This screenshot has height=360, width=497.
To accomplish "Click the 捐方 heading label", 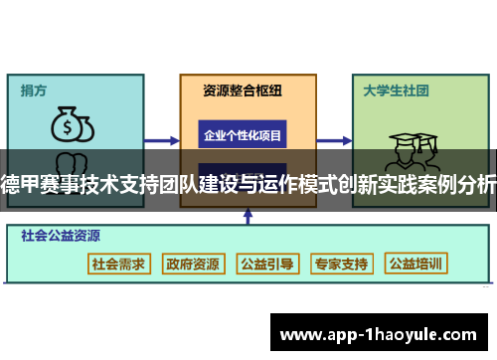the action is (35, 90).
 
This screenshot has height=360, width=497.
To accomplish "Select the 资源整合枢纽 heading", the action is (243, 90).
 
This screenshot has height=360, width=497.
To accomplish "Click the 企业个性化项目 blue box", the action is (243, 134).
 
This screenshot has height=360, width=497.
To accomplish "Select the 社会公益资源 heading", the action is (61, 237).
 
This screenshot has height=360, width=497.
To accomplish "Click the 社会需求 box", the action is (118, 264).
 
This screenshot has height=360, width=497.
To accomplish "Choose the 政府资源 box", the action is (193, 264).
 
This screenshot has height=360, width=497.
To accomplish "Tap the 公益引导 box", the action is (267, 264).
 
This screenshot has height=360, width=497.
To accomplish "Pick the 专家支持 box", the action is (342, 264).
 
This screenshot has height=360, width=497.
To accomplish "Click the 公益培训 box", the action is (417, 264).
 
